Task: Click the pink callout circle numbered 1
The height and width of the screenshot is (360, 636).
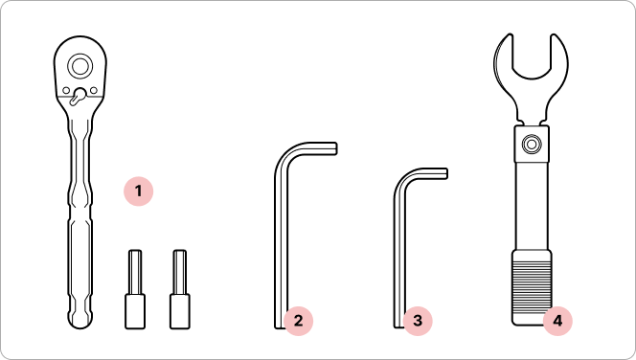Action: point(138,191)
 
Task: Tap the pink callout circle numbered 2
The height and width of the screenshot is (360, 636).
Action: point(298,321)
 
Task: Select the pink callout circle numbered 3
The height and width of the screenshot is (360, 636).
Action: point(418,321)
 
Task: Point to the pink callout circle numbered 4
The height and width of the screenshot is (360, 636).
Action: point(557,321)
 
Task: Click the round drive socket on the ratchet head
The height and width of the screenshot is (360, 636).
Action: point(79,66)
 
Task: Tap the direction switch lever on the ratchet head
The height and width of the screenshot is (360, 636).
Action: point(78,97)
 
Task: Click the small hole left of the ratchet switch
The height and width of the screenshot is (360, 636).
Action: point(66,90)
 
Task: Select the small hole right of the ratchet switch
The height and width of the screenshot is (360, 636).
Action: point(94,90)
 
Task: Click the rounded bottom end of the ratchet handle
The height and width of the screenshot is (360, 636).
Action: point(80,320)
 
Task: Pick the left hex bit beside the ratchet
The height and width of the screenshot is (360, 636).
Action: point(135,289)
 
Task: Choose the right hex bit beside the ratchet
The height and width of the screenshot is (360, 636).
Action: point(180,289)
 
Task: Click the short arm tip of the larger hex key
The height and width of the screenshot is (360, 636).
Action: point(335,148)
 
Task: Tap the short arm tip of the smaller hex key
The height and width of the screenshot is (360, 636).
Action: point(445,173)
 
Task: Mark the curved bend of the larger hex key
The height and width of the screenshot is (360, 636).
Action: point(285,154)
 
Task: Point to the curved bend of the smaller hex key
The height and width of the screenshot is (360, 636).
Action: point(403,177)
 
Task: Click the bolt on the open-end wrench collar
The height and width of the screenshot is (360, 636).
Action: point(532,144)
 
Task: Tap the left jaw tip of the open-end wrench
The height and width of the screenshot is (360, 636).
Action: point(510,37)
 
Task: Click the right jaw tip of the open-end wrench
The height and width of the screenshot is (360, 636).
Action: point(554,37)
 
